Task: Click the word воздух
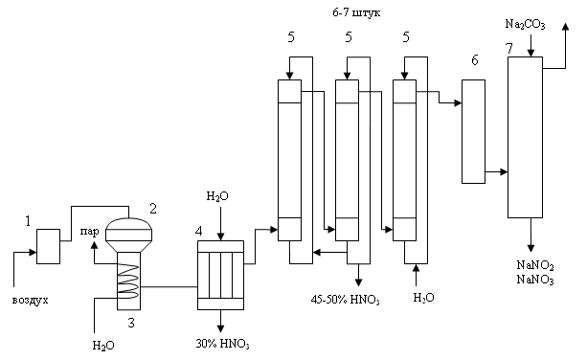coord(31,300)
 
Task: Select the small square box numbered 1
coord(48,246)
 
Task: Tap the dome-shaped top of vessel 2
coord(128,223)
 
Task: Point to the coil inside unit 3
coord(128,281)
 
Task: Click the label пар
coord(89,232)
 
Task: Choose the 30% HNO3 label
coord(222,344)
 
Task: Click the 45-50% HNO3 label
coord(345,300)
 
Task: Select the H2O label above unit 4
coord(217,196)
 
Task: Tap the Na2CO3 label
coord(525,24)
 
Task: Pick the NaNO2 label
coord(535,265)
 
